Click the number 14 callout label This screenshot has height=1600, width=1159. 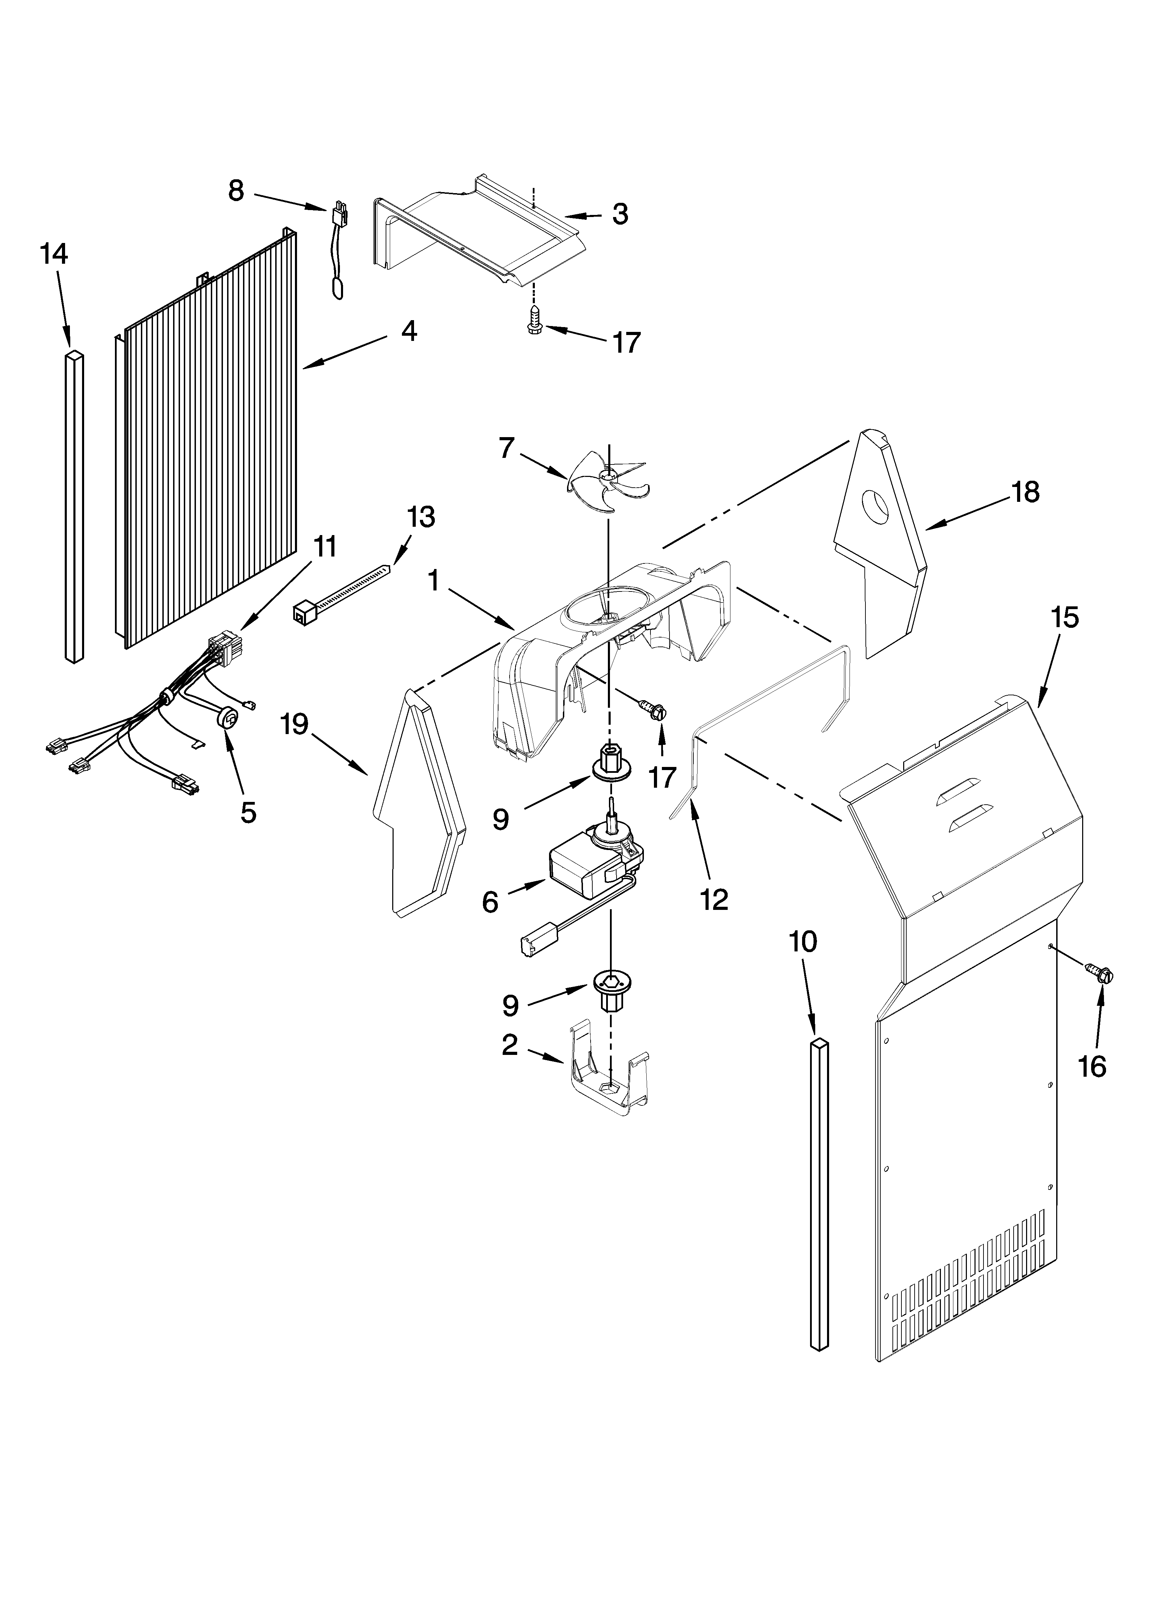54,254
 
